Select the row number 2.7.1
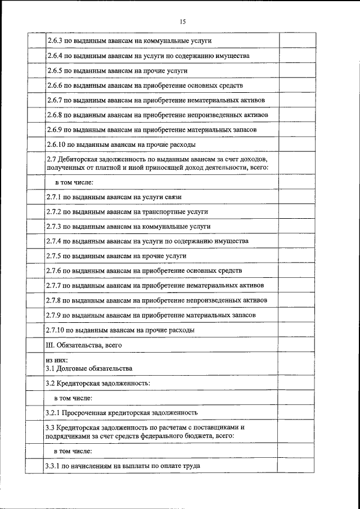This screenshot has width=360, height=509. (x=54, y=197)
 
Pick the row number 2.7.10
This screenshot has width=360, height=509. (x=56, y=330)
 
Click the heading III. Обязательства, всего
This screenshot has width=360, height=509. (x=83, y=345)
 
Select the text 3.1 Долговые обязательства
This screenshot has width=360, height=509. (x=89, y=368)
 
